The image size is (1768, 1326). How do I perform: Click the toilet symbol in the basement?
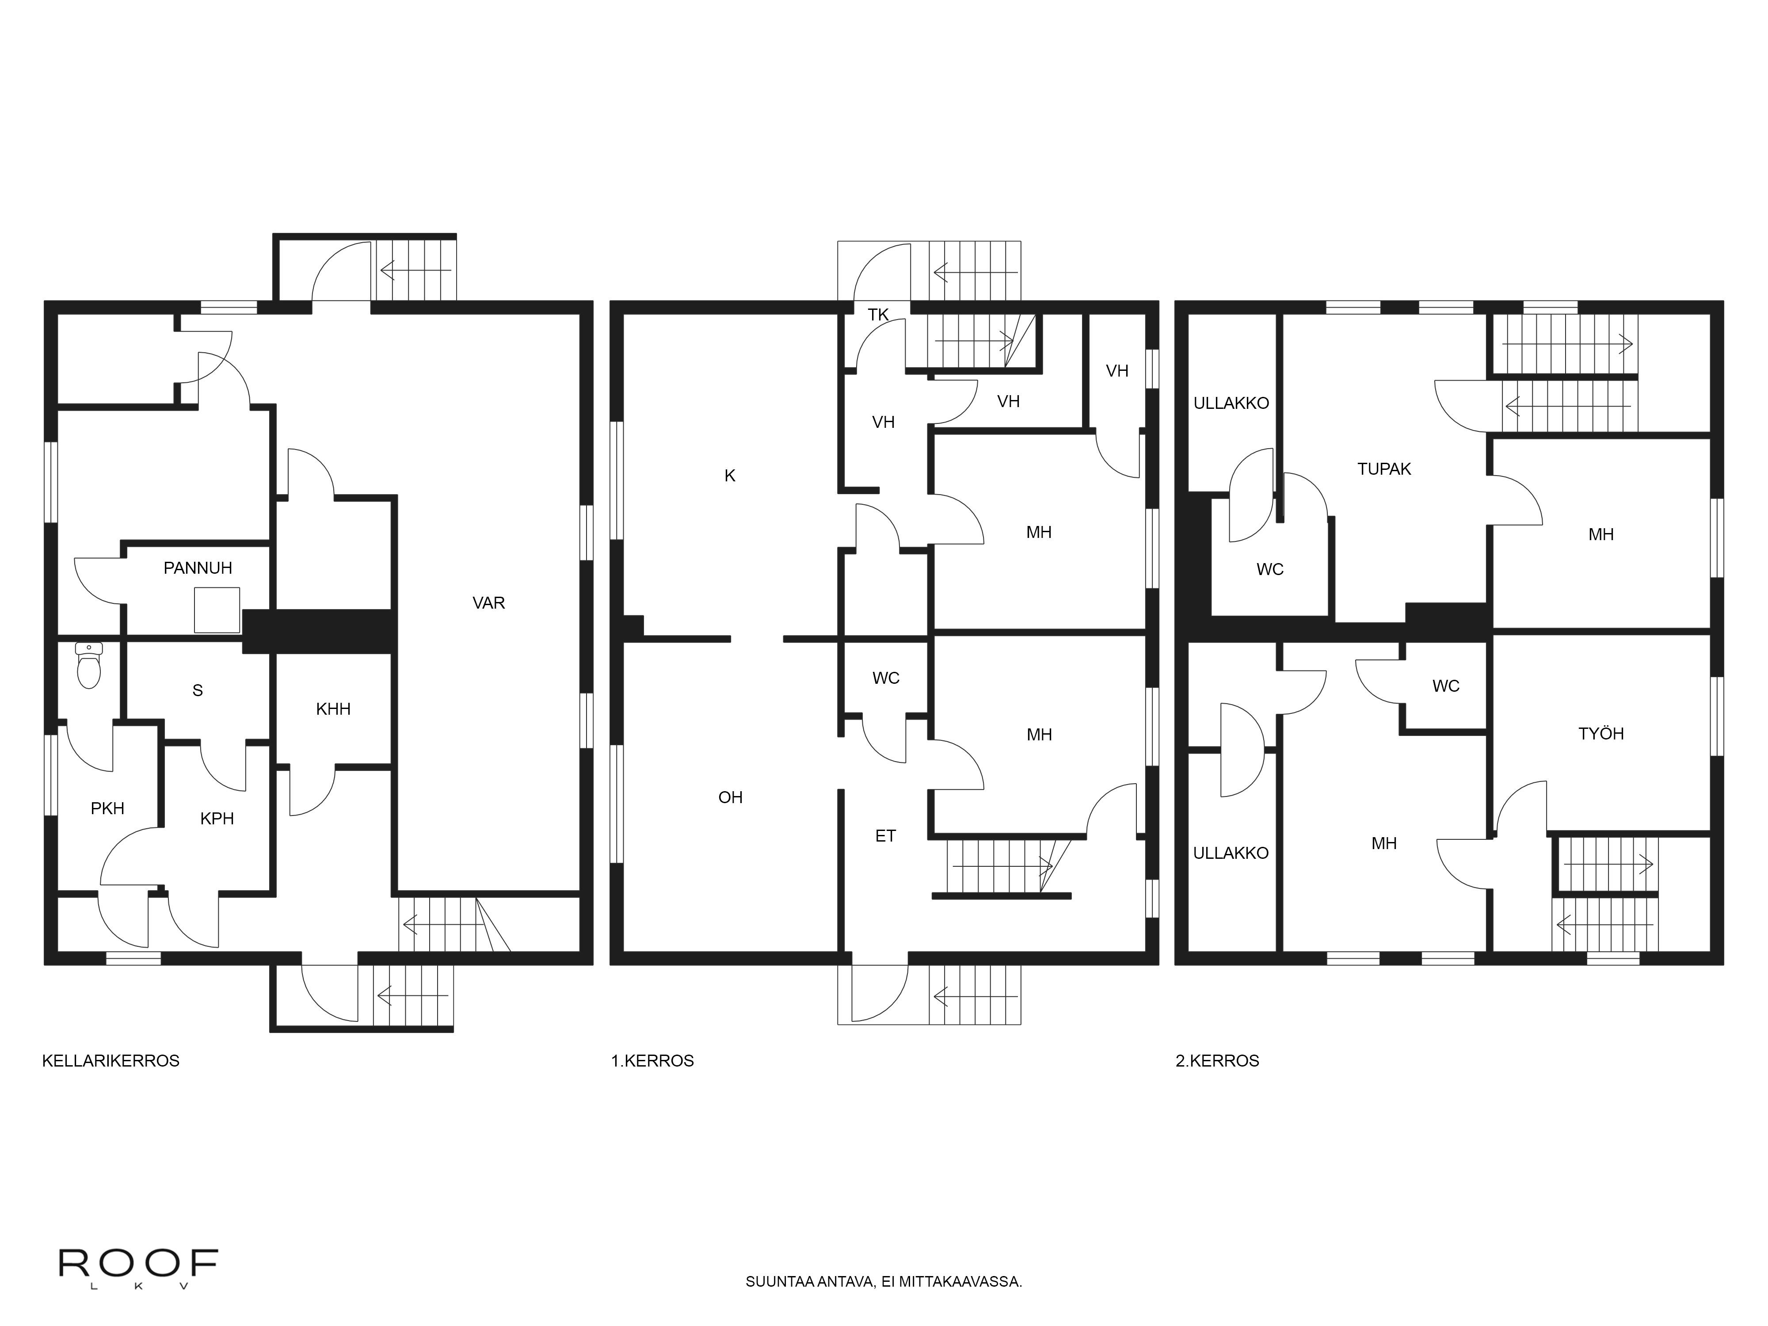(89, 667)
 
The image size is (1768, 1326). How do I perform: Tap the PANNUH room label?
(198, 568)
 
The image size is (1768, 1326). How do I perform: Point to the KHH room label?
(333, 709)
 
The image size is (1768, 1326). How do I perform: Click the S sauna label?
(198, 690)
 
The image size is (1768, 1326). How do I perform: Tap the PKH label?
(107, 809)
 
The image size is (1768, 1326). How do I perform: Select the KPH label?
(217, 819)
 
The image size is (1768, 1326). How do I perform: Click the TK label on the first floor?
(878, 315)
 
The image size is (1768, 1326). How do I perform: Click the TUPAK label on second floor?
(1384, 469)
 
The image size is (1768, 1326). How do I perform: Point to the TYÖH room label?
(1601, 734)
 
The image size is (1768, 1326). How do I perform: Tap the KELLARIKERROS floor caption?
(111, 1061)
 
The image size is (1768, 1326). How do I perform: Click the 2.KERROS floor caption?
(1217, 1061)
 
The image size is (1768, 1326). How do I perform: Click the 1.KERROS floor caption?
(652, 1061)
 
